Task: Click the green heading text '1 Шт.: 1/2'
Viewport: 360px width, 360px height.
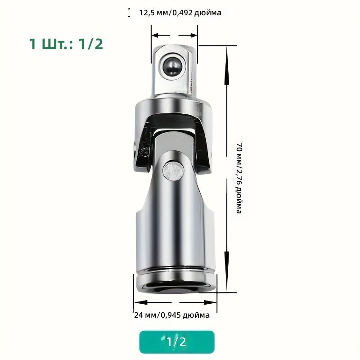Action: click(66, 44)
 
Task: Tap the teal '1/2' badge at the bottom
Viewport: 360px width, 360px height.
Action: click(177, 342)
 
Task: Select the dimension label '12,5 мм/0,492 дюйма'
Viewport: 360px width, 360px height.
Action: click(180, 13)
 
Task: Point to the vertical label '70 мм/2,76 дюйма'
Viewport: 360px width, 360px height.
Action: click(239, 178)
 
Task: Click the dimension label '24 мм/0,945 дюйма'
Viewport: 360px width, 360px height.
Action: click(172, 315)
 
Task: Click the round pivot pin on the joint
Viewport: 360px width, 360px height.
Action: click(173, 171)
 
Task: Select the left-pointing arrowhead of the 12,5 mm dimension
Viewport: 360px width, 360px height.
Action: click(156, 36)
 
